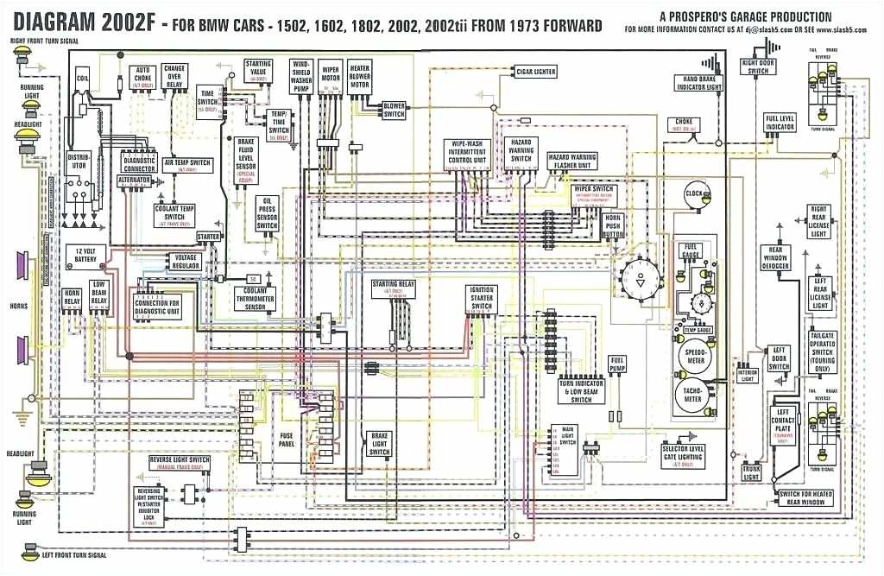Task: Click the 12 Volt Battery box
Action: (85, 256)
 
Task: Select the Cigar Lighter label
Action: (535, 71)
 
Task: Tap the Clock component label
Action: (694, 193)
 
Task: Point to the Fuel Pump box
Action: (617, 365)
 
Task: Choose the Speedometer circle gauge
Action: (696, 355)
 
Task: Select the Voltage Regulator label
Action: (186, 261)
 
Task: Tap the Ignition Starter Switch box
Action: (482, 298)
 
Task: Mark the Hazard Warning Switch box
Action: (521, 150)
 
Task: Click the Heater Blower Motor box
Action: (359, 75)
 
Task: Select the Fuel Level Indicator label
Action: (780, 123)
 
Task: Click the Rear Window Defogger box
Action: (774, 256)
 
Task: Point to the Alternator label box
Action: (135, 180)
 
